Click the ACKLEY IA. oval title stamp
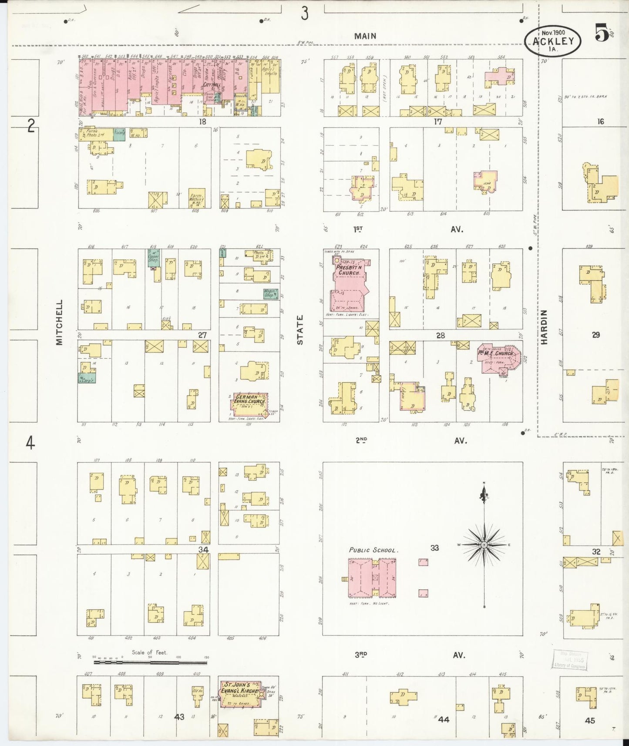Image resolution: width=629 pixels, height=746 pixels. pos(552,41)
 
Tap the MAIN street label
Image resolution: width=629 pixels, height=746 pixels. pos(365,36)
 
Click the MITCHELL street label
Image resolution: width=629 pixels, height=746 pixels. pos(60,322)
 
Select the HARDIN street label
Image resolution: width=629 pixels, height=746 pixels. pos(544,327)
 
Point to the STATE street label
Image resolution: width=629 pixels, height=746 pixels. pos(300,330)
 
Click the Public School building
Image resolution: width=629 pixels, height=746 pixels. pos(372,578)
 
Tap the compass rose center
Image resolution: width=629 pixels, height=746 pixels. pos(484,544)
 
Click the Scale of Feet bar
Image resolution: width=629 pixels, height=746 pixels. pos(150,662)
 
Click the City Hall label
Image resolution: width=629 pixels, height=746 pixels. pos(211,85)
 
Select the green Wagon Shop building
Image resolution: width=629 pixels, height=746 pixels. pos(270,294)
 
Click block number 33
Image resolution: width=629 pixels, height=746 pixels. pos(434,548)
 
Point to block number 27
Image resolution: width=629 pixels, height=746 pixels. pos(202,335)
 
